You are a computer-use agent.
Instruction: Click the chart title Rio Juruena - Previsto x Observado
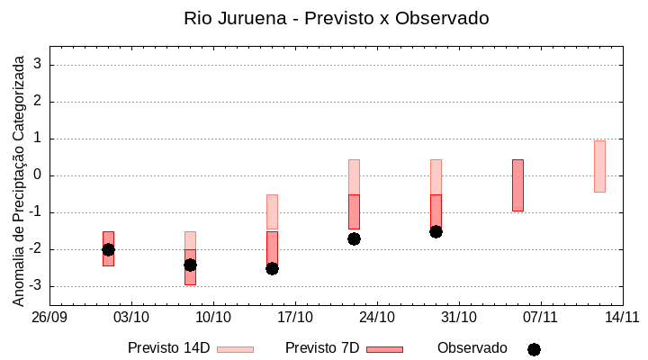click(336, 18)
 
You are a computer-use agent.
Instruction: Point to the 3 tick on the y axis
click(39, 65)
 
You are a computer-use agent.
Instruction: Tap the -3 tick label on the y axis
click(36, 286)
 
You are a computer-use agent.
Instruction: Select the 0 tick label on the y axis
click(39, 175)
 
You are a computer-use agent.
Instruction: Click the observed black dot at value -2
click(108, 249)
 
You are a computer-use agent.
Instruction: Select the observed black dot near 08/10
click(190, 265)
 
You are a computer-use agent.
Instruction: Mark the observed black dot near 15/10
click(272, 268)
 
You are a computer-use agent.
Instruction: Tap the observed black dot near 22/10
click(354, 238)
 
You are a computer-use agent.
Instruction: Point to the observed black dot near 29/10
click(436, 231)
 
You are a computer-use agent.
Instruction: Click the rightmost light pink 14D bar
click(599, 166)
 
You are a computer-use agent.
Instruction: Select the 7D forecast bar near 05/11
click(517, 185)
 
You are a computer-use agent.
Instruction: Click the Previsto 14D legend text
click(168, 348)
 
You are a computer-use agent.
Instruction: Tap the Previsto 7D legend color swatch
click(384, 349)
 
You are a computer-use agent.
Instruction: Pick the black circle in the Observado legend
click(534, 349)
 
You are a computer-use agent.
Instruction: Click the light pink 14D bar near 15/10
click(272, 211)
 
